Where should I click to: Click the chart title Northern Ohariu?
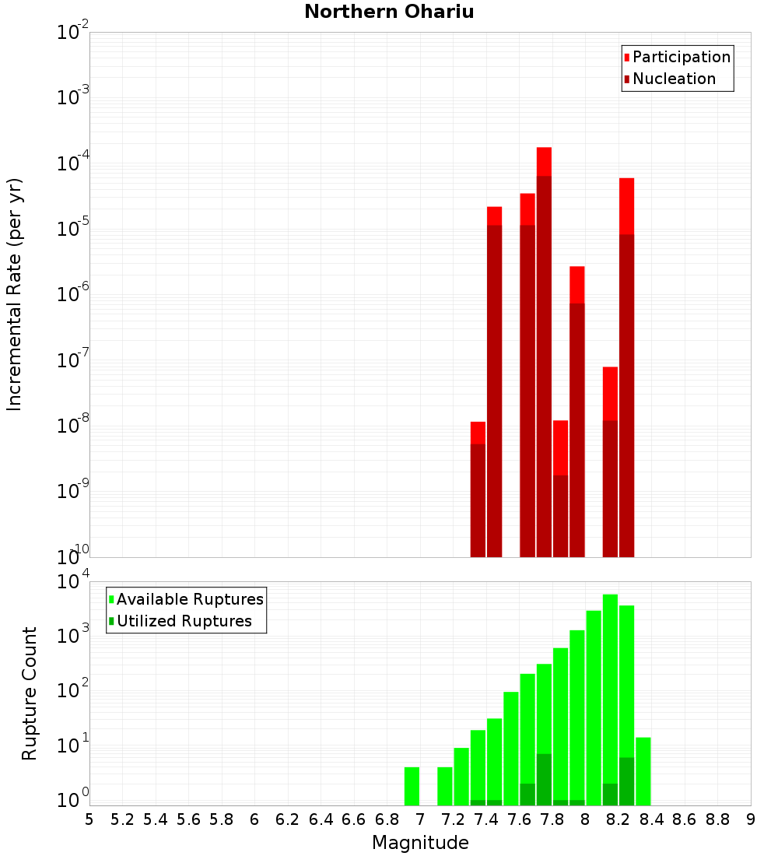(389, 12)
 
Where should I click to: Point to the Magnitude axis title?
(420, 843)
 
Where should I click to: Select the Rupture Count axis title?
(30, 693)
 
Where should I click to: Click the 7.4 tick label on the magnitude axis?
(486, 819)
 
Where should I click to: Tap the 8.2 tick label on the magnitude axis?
(619, 819)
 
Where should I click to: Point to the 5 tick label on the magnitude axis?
(89, 819)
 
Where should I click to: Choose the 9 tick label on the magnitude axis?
(751, 819)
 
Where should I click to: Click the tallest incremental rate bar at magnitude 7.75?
(544, 350)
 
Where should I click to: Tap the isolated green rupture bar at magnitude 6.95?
(412, 786)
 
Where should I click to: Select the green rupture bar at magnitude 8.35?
(643, 770)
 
